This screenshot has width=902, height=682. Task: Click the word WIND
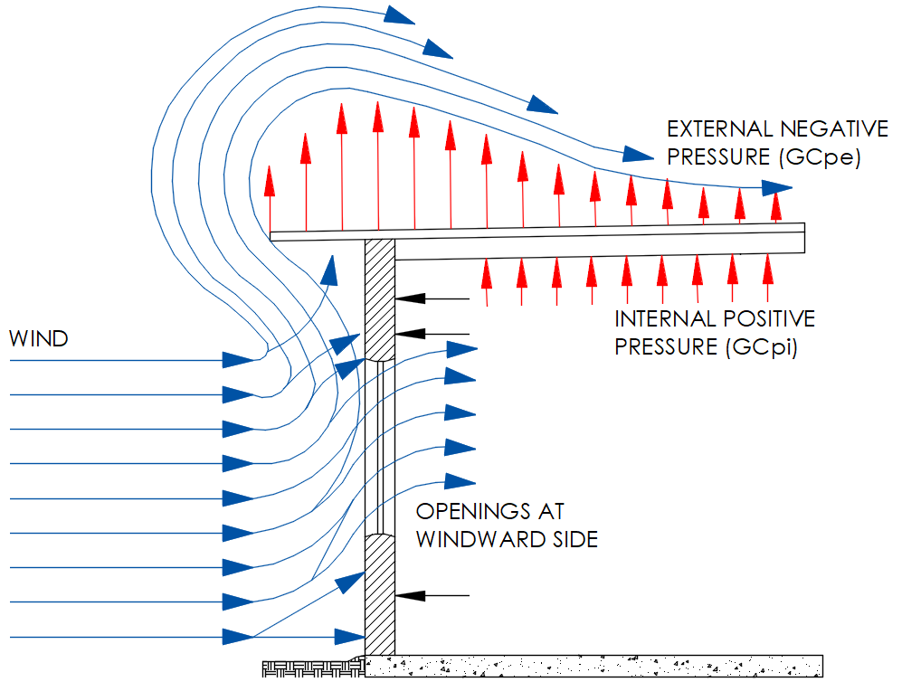(39, 340)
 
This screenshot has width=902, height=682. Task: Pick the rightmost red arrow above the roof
(775, 204)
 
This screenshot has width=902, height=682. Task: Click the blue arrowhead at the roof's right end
(778, 188)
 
